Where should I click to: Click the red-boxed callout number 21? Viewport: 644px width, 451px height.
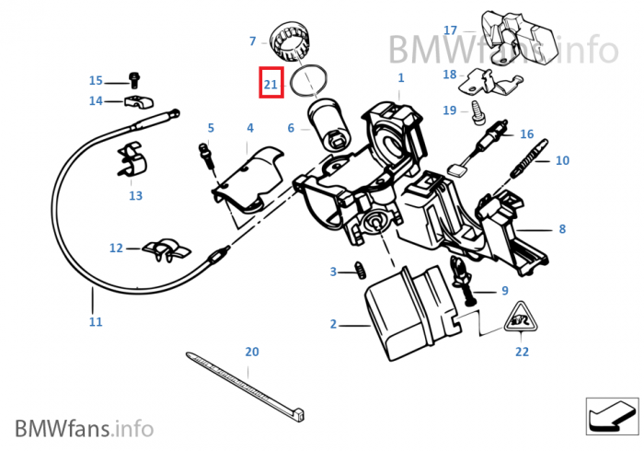tap(270, 84)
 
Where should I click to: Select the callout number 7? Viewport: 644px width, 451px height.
tap(252, 40)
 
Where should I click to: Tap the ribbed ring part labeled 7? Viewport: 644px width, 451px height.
tap(296, 41)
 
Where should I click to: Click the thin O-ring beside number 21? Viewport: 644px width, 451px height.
tap(308, 82)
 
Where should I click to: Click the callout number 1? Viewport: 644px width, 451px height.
tap(401, 79)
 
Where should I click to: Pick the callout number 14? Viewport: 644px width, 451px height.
tap(96, 100)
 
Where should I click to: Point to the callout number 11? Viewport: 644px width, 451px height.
tap(96, 322)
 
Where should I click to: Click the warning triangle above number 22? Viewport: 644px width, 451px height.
tap(521, 318)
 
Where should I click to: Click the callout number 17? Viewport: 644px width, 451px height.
tap(450, 30)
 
